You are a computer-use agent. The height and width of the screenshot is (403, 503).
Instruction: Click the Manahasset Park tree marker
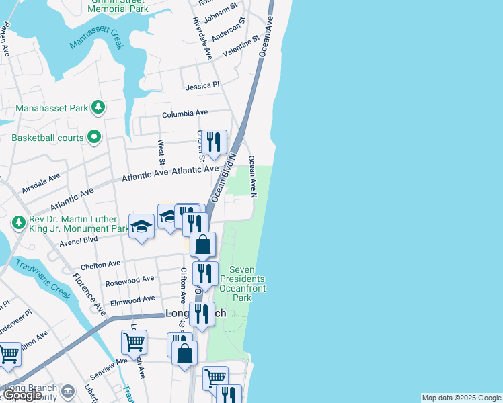tap(99, 107)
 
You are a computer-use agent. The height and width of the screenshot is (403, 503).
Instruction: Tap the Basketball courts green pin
tap(94, 138)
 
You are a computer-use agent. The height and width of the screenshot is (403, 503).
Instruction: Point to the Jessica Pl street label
tap(203, 86)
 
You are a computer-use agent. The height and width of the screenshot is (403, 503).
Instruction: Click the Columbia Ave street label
tap(185, 114)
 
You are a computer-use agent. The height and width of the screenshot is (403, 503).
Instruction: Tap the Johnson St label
tap(221, 13)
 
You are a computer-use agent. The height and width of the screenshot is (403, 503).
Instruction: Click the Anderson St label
tap(226, 31)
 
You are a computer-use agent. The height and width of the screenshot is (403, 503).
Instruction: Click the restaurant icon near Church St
tap(215, 142)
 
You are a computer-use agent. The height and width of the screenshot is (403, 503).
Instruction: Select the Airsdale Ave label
tap(40, 183)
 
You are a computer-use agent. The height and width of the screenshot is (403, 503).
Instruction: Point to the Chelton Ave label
tap(100, 264)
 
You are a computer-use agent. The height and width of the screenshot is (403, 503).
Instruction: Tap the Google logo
tap(22, 395)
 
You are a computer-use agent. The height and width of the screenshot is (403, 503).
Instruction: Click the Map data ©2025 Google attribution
tap(461, 398)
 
